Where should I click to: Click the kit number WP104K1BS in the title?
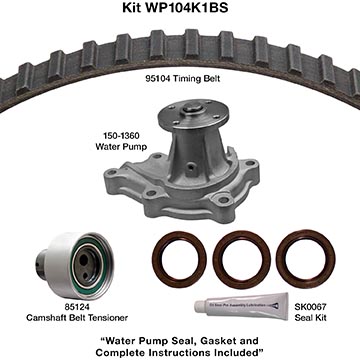click(186, 8)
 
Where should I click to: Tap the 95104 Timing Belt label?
click(183, 79)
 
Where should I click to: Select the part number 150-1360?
click(121, 136)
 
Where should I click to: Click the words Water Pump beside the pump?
click(121, 146)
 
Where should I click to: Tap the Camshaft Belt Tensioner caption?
click(77, 318)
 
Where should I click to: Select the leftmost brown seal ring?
click(179, 260)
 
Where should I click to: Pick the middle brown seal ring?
click(242, 260)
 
